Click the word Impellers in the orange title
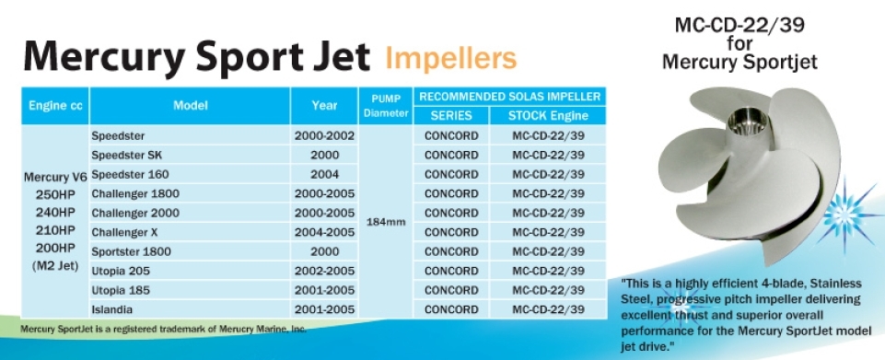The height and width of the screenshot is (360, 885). [450, 58]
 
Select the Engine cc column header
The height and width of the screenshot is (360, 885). [55, 106]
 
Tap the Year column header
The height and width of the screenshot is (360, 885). [324, 106]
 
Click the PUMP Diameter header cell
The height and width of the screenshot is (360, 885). [386, 106]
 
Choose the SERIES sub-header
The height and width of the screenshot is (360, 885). [451, 116]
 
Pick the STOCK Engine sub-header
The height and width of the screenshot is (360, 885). [548, 116]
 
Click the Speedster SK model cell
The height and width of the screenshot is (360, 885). [127, 156]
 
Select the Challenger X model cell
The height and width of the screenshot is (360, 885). [124, 232]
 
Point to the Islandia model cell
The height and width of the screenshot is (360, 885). [112, 309]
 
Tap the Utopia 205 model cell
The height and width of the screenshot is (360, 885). [121, 271]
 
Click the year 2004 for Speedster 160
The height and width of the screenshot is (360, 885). [324, 174]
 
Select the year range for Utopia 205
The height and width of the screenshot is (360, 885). [324, 271]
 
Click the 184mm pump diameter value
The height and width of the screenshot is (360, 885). [386, 222]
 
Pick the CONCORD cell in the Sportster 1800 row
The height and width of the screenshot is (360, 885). [451, 251]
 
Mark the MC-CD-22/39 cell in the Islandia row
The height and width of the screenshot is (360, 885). [548, 309]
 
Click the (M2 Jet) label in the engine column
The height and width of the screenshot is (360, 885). [54, 267]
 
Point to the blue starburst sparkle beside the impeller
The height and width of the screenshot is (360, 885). [844, 215]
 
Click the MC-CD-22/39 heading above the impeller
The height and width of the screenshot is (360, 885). [739, 26]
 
